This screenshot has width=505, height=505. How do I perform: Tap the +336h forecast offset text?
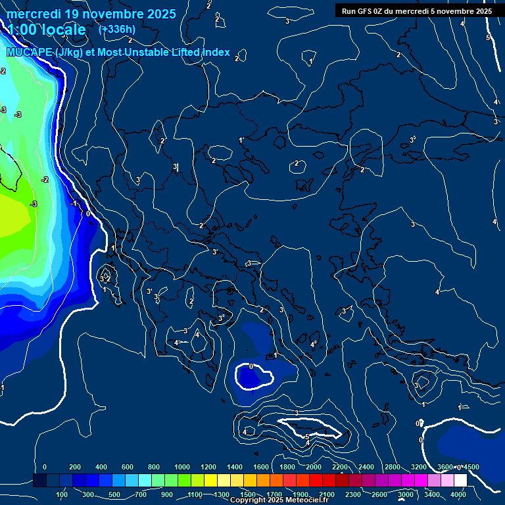[116, 29]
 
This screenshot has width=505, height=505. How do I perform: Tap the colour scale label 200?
[74, 467]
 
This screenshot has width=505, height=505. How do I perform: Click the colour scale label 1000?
[182, 467]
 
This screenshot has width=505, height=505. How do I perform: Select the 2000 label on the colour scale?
[314, 467]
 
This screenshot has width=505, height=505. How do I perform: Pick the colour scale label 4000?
[458, 494]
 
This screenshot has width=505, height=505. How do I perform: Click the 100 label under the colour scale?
[62, 494]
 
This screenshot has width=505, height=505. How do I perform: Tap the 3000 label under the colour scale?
[406, 494]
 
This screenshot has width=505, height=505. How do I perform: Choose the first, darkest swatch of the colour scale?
[39, 481]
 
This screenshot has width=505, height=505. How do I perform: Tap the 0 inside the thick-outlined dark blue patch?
[251, 366]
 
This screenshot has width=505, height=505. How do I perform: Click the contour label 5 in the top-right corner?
[487, 37]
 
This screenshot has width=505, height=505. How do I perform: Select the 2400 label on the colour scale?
[366, 467]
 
